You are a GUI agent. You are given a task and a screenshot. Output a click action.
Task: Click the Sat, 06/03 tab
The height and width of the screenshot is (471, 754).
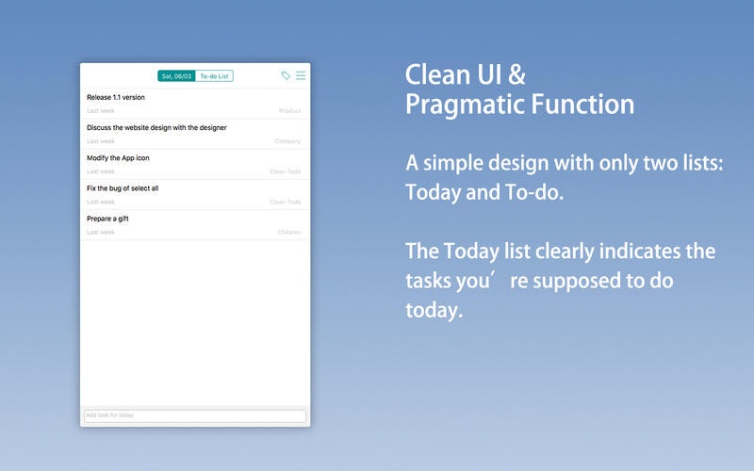176,76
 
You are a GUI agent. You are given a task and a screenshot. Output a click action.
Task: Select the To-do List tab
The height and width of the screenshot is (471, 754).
215,76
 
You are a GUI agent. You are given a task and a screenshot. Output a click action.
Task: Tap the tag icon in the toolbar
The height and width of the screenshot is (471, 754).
286,75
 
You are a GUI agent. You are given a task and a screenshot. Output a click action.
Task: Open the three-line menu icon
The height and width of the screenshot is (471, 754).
301,75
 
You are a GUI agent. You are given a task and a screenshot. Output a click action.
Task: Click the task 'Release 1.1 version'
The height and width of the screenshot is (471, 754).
115,97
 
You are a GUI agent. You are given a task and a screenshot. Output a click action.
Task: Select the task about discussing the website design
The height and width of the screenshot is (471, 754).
156,127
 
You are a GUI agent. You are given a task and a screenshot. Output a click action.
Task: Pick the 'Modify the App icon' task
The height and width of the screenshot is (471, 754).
118,157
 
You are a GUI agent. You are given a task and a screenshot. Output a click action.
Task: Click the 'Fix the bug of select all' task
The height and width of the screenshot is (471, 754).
123,187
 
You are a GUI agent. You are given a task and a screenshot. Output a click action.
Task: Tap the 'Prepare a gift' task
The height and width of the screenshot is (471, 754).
107,219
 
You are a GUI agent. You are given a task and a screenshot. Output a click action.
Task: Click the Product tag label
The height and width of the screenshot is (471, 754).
290,111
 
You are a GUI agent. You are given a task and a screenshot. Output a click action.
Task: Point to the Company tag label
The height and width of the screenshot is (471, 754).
287,141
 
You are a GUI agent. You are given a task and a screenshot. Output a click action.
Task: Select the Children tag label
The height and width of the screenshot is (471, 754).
289,232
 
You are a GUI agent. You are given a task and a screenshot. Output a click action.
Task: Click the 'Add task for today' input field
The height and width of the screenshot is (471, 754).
195,415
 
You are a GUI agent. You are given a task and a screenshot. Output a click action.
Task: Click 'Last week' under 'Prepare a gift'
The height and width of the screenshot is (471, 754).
101,232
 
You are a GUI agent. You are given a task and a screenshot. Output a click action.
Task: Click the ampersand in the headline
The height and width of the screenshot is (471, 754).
516,74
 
